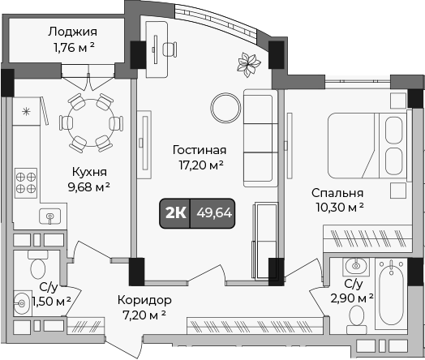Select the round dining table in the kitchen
click(x=91, y=121)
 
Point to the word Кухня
click(x=88, y=172)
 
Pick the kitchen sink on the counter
click(x=50, y=216)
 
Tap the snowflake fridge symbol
click(x=25, y=111)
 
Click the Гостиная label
click(x=200, y=150)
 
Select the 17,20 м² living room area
click(x=200, y=165)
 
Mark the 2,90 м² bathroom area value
click(x=353, y=298)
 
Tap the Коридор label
click(x=144, y=299)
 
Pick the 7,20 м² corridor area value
click(x=144, y=314)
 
